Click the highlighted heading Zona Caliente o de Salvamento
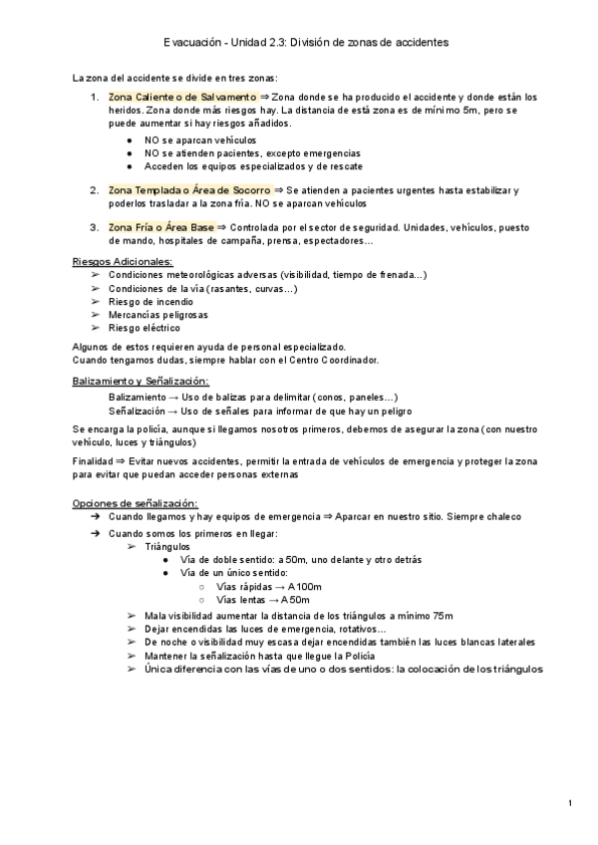[182, 97]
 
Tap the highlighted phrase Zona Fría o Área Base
[161, 227]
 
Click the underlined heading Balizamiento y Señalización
[141, 382]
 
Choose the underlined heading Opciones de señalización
[136, 502]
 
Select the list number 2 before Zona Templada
[94, 189]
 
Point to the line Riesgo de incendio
[151, 301]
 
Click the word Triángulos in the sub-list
[167, 547]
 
